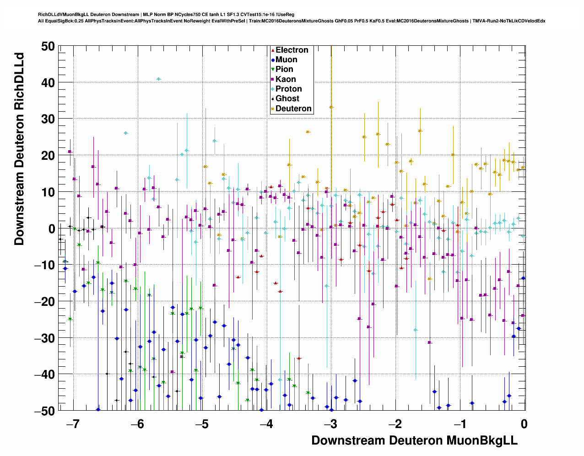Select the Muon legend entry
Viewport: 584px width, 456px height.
[286, 60]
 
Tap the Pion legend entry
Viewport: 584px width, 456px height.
[284, 70]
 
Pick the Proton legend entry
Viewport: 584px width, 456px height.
[288, 89]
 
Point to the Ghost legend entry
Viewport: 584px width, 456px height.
[287, 99]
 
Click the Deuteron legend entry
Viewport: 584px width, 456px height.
[293, 109]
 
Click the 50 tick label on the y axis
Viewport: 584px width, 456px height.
[47, 46]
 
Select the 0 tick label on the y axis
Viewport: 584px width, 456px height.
[51, 229]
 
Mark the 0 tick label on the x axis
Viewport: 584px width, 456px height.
[524, 424]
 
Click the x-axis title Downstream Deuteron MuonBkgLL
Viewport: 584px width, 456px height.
[414, 440]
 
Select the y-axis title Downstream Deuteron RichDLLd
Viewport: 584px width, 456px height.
[19, 149]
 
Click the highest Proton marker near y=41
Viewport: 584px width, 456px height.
[158, 79]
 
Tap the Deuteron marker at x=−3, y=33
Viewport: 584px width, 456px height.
[331, 107]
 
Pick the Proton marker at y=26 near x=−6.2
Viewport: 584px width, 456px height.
[125, 133]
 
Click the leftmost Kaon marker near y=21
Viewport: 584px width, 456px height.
[70, 152]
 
